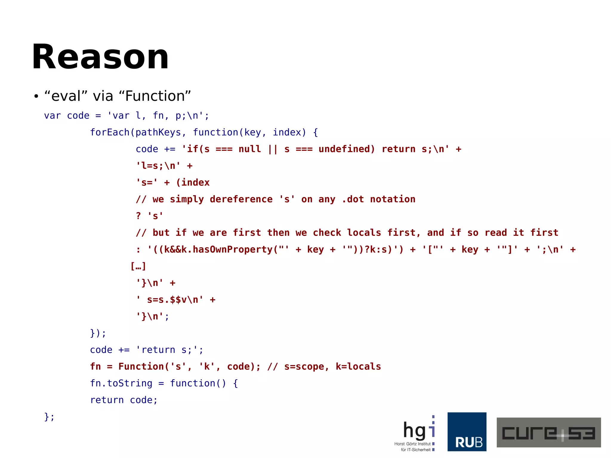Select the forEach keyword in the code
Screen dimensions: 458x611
109,132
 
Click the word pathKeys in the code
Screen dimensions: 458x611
158,132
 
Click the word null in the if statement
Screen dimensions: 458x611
249,149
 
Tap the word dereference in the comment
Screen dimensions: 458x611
241,199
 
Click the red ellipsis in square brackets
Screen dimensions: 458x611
138,266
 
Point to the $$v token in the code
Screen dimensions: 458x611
178,300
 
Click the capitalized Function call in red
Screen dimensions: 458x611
141,366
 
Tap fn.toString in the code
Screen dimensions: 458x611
121,383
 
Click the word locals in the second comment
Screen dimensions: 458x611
364,232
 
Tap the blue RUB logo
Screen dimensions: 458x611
467,431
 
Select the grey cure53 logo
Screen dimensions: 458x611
548,432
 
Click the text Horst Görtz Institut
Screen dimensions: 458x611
412,444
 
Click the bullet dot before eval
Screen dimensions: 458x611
36,96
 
